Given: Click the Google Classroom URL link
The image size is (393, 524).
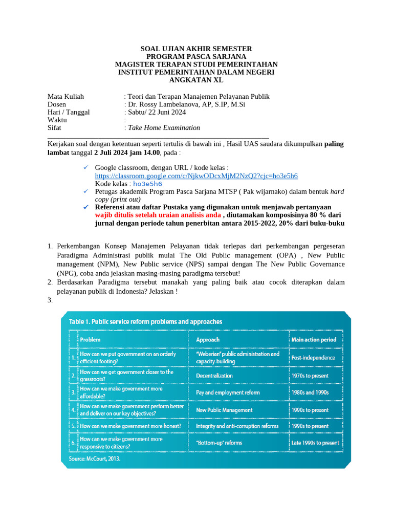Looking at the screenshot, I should (x=196, y=176).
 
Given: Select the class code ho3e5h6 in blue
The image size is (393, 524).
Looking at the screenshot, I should (x=147, y=183).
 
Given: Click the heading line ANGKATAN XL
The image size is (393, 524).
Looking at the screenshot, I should (x=196, y=80).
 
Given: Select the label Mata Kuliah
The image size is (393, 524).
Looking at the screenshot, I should (x=65, y=96).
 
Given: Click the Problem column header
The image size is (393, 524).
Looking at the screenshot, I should (x=91, y=339).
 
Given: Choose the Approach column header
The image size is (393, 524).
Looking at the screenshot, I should (x=208, y=339).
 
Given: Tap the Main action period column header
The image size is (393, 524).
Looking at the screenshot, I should (x=313, y=339).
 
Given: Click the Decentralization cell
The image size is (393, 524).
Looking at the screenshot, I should (x=214, y=376).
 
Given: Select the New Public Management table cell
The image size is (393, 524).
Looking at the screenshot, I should (x=224, y=409).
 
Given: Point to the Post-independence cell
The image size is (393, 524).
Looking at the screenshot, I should (x=313, y=357).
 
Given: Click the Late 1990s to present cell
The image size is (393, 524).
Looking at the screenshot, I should (x=315, y=443).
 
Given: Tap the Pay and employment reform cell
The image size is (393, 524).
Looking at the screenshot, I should (x=228, y=392).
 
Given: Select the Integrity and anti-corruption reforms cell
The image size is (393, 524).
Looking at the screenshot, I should (x=237, y=426).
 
